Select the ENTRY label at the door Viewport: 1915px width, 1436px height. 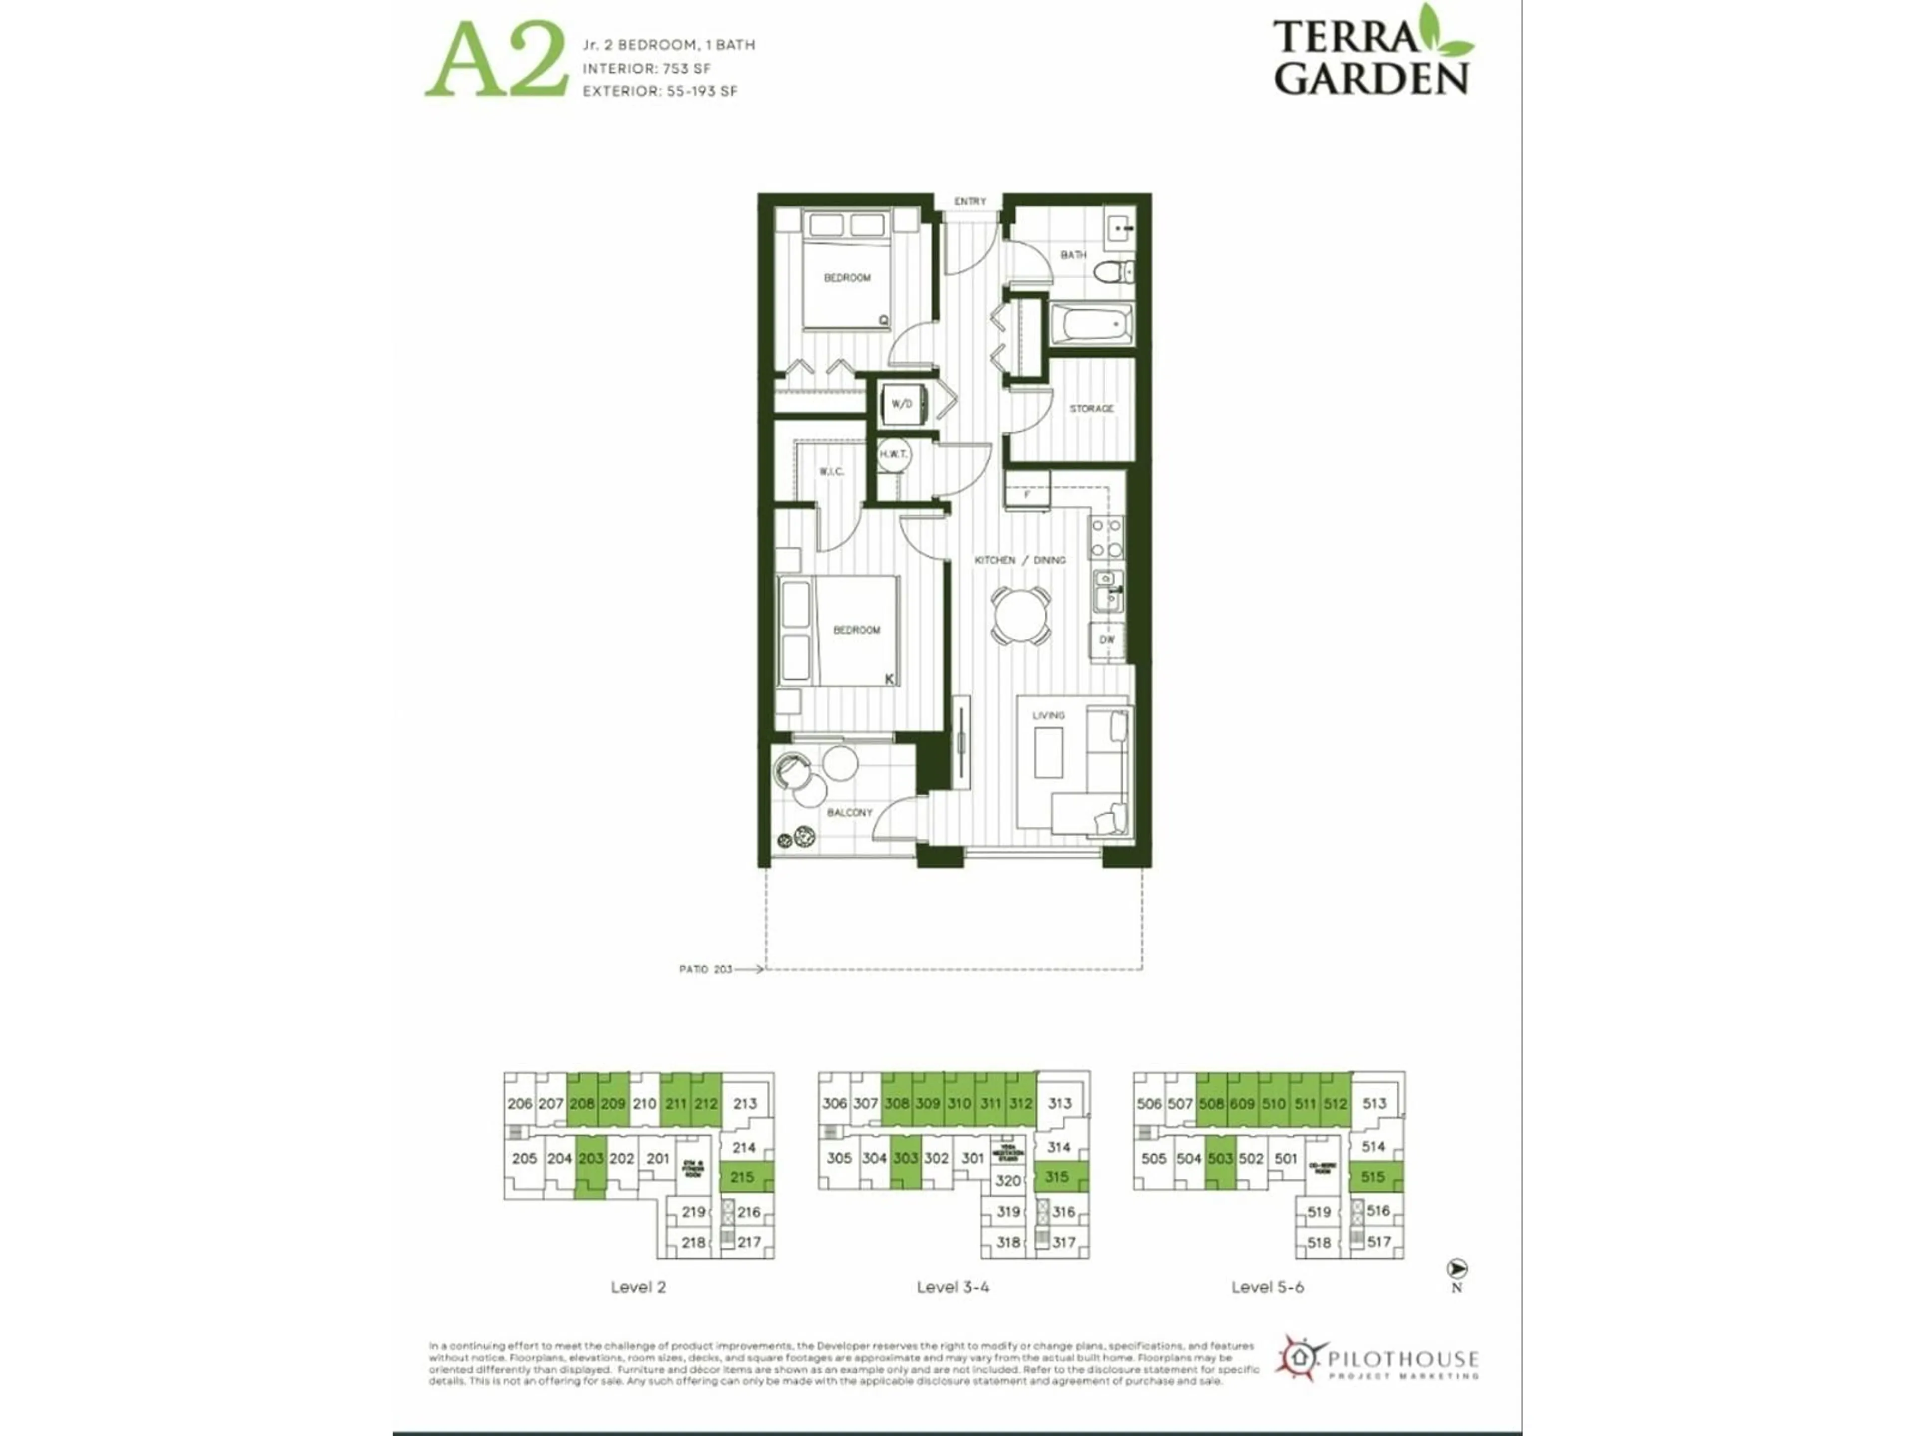(x=969, y=201)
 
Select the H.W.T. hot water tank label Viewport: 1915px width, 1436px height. (x=894, y=454)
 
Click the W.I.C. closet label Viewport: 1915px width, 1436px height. (x=831, y=472)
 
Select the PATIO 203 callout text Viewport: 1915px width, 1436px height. (x=706, y=969)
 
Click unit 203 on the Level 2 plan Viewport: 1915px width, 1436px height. (x=590, y=1159)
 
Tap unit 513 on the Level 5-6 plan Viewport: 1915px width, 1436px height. (x=1374, y=1103)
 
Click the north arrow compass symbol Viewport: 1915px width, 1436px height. (x=1457, y=1269)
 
